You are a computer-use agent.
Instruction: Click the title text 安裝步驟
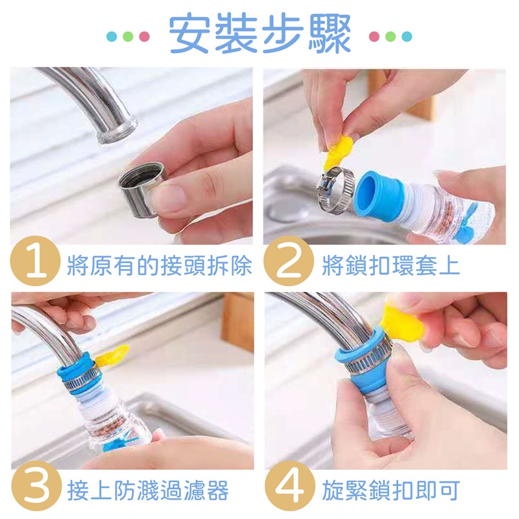pos(260,33)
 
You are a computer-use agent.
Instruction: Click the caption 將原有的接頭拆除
pos(160,265)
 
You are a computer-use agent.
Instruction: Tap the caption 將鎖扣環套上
pos(391,265)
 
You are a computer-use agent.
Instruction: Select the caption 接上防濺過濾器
pos(148,490)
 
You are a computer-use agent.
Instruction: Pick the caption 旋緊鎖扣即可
pos(391,490)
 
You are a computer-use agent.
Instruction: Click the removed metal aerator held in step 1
pos(142,189)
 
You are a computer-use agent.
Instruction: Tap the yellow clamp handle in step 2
pos(337,153)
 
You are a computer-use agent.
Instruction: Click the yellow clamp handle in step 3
pos(112,356)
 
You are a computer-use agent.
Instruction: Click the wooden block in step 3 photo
pos(237,321)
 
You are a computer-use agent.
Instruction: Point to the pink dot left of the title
pos(144,36)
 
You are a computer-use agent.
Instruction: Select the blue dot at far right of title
pos(407,36)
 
